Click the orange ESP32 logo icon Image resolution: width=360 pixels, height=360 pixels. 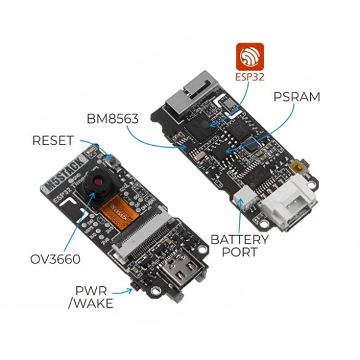(x=249, y=58)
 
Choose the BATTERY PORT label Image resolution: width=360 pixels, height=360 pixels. (x=239, y=246)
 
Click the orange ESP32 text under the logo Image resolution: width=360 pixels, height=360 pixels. (x=249, y=78)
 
